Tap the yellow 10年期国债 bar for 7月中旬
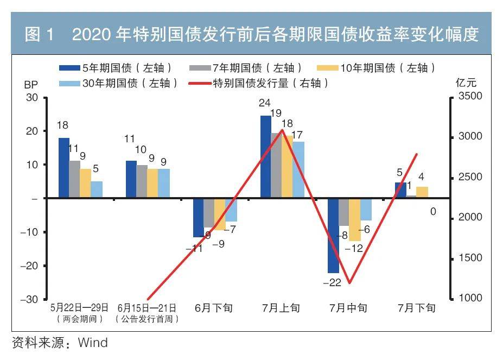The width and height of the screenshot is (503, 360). [x=355, y=219]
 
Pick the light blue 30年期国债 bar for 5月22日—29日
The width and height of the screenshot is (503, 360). [x=97, y=190]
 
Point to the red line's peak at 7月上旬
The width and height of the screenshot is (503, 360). [x=282, y=130]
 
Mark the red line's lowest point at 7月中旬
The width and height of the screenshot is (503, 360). [x=349, y=283]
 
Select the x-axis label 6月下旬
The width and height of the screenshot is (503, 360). [x=214, y=308]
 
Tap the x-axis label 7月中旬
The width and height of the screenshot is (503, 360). [x=348, y=308]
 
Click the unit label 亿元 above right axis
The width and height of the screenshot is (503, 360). [x=466, y=83]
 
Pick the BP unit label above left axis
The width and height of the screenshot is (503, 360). [x=30, y=85]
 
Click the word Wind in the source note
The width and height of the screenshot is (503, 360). [x=93, y=343]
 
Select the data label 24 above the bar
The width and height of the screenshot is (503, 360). [x=265, y=103]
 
